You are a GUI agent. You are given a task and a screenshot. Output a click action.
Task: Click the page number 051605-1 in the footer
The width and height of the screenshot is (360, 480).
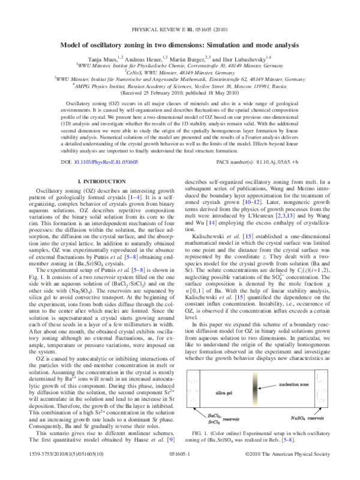tap(180, 472)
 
